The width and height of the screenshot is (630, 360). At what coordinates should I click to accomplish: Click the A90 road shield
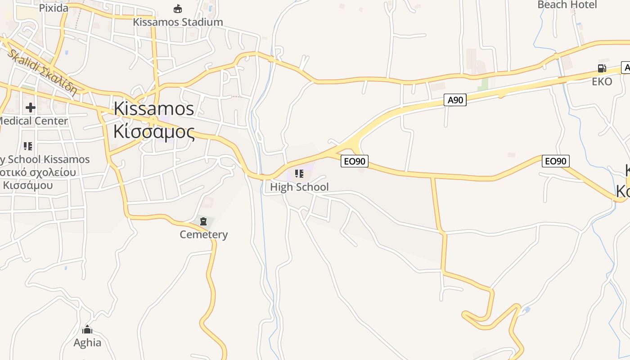tap(455, 100)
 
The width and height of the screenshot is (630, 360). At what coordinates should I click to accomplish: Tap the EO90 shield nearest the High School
tap(355, 161)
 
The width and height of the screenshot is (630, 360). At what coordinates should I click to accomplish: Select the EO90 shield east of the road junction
tap(556, 161)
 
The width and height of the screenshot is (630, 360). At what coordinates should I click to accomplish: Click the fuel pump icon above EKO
tap(602, 68)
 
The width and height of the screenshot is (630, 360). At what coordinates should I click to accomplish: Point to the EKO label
tap(602, 81)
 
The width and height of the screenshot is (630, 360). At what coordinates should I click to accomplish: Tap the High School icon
tap(299, 173)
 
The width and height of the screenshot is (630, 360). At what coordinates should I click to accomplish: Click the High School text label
tap(299, 187)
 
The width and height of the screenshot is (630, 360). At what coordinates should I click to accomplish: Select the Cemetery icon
tap(203, 221)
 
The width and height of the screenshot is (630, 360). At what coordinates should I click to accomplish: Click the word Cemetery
tap(203, 234)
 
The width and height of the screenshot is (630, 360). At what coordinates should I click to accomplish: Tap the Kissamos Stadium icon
tap(178, 9)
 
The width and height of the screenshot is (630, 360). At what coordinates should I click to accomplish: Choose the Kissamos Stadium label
tap(178, 22)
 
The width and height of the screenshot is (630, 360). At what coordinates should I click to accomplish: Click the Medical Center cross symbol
tap(31, 108)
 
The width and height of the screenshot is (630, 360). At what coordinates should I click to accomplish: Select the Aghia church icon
tap(87, 329)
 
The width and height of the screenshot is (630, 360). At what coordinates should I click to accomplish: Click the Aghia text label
tap(87, 342)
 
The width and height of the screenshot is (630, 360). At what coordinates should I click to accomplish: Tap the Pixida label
tap(54, 8)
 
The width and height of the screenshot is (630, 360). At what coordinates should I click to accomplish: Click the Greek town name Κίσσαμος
tap(154, 132)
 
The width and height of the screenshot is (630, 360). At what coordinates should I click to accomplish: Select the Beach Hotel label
tap(567, 5)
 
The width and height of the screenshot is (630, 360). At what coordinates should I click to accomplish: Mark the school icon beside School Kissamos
tap(28, 146)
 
